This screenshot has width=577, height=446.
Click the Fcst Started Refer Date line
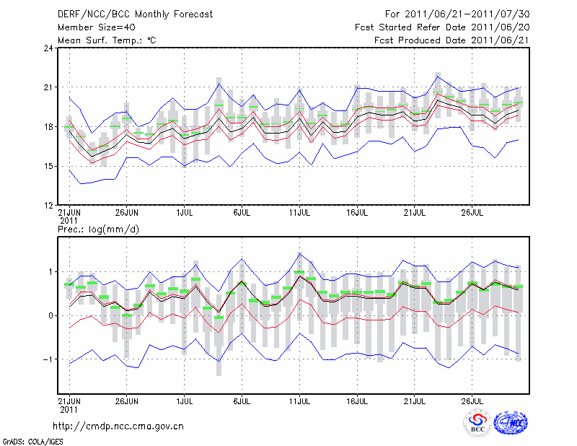point(441,27)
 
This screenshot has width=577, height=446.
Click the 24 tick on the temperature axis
point(49,48)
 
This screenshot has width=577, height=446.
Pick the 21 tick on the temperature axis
point(49,88)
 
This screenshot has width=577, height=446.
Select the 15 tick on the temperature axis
point(49,167)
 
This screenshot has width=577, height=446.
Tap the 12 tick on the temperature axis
point(49,206)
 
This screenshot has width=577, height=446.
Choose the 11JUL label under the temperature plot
point(299,213)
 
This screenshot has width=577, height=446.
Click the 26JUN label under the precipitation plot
point(127,399)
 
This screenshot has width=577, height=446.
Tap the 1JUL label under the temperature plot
point(184,213)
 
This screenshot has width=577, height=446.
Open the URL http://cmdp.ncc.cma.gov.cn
point(119,426)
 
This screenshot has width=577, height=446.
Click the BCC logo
point(477,423)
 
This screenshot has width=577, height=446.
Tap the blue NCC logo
point(511,423)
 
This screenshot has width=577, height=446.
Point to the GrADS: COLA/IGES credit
point(24,440)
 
